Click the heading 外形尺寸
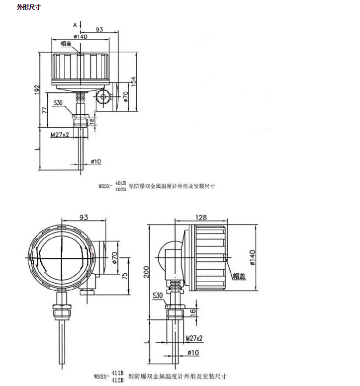point(28,7)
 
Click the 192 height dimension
point(37,89)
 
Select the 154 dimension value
point(133,81)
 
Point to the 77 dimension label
point(45,110)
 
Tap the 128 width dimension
point(201,218)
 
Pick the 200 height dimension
point(146,272)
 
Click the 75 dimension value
point(125,276)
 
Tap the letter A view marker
point(75,25)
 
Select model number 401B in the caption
point(120,183)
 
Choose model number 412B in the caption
point(117,380)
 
